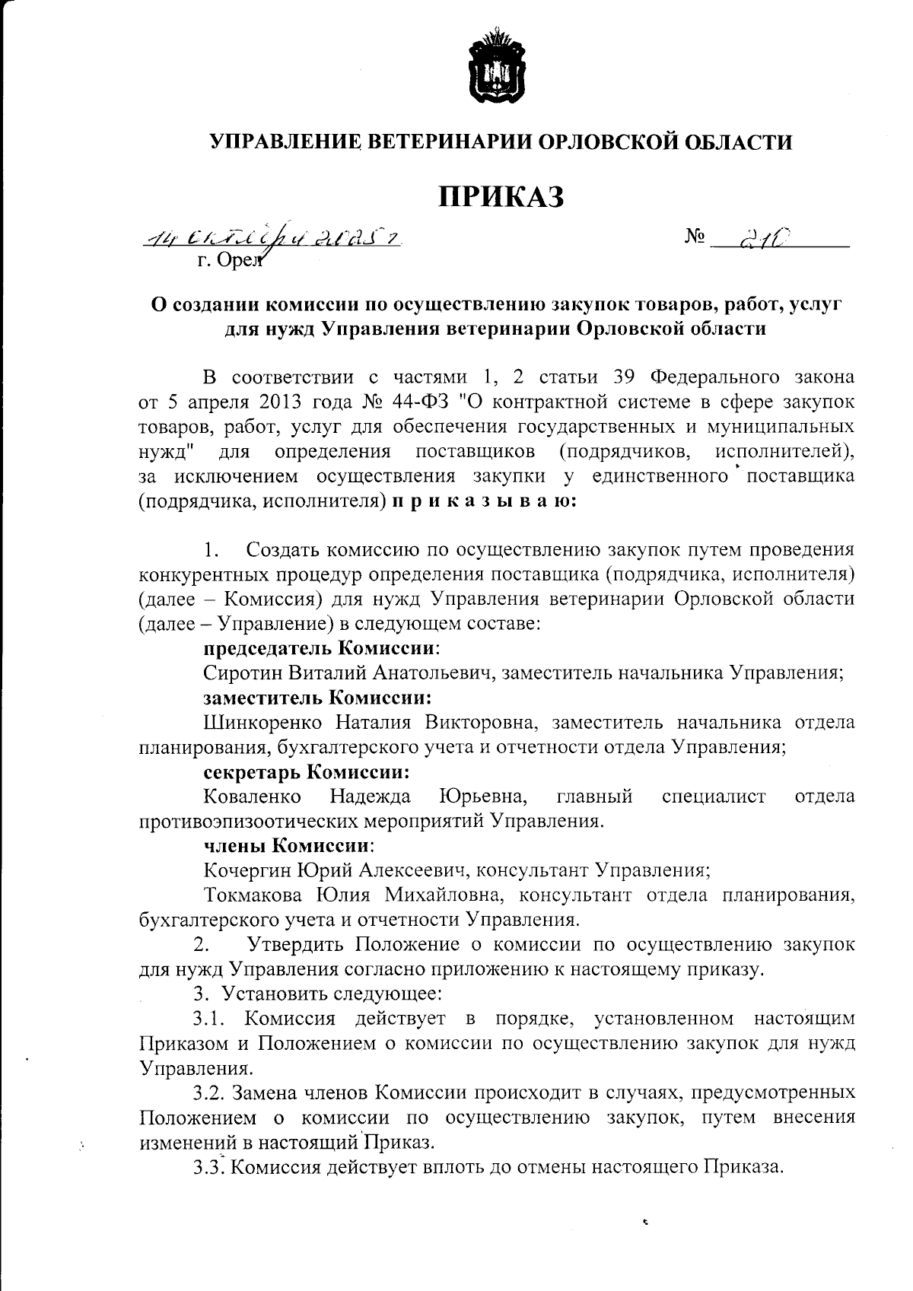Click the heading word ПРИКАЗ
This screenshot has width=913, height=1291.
[501, 196]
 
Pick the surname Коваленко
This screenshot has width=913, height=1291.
[252, 797]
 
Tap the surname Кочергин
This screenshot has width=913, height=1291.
[247, 870]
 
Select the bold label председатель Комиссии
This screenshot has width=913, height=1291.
[323, 648]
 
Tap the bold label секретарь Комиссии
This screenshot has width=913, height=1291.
[307, 772]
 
